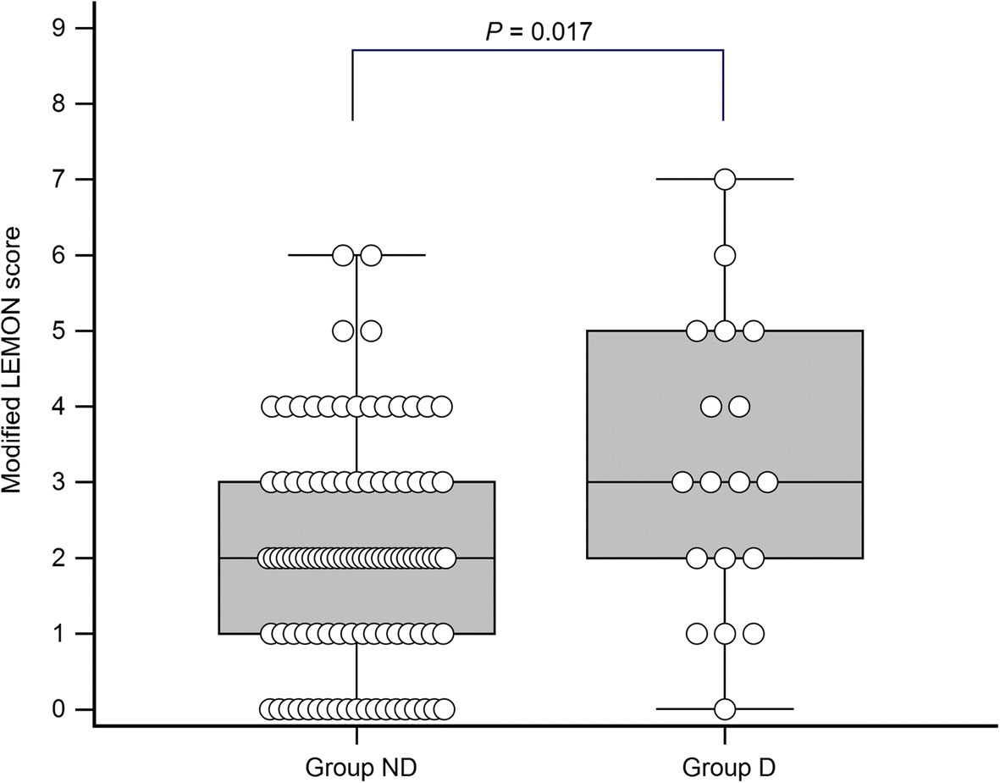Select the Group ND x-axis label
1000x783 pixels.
(356, 766)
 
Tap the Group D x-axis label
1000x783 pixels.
(725, 766)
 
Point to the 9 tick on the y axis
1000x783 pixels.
(59, 28)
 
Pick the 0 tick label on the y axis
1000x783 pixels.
(59, 708)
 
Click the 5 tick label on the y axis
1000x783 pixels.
(59, 330)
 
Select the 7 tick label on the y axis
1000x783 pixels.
(59, 180)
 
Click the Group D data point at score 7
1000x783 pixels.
(725, 180)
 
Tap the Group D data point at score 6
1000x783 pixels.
(725, 255)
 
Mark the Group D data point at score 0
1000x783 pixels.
(725, 708)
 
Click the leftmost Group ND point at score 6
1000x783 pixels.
(343, 255)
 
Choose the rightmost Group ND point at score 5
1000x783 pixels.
(371, 330)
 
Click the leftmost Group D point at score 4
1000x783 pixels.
(711, 406)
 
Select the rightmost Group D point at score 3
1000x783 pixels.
(767, 482)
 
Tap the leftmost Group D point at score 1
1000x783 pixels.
(697, 633)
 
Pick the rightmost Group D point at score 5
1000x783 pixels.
(753, 330)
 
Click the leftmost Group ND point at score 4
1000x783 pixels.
(271, 406)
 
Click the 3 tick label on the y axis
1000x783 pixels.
(59, 482)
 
